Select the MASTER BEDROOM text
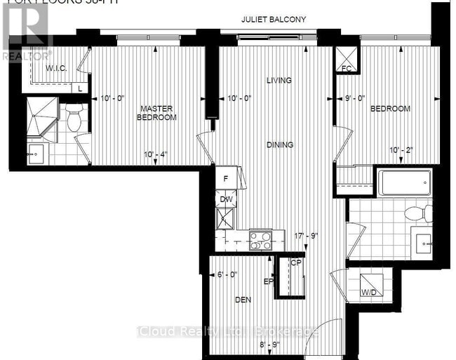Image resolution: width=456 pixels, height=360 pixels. [x=156, y=113]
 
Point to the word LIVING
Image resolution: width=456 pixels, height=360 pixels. [x=279, y=81]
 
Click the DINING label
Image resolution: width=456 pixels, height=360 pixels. [x=279, y=145]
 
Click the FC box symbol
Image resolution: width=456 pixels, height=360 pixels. [x=345, y=58]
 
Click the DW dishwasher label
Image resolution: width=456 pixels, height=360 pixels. [x=227, y=200]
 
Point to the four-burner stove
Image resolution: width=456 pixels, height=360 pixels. [x=261, y=241]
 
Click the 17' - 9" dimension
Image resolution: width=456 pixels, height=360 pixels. [x=306, y=236]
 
